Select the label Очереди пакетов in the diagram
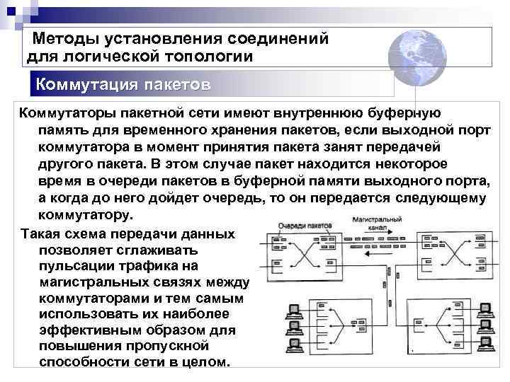305,224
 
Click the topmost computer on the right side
485,310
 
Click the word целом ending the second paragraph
206,362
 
